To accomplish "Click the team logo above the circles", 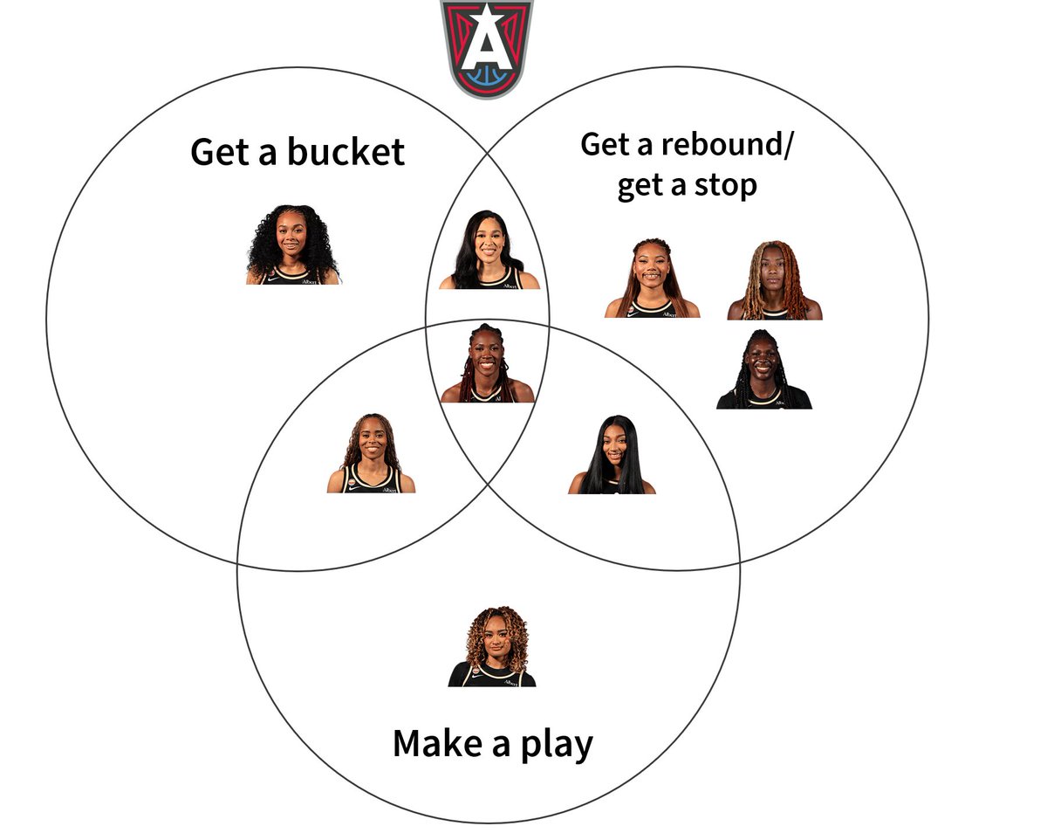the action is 487,48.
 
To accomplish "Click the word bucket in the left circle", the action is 346,152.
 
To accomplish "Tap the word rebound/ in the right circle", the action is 728,145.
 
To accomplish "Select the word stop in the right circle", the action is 725,187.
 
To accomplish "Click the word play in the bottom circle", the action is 558,746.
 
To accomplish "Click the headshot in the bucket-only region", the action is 292,244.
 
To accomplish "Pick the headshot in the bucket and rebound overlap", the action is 489,250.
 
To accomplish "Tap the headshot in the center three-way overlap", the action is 488,363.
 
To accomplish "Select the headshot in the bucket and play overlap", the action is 371,453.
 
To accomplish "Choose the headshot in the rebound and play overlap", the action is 612,455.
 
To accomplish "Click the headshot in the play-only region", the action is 492,646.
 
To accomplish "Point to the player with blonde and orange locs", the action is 775,280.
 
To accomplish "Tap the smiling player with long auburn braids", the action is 652,278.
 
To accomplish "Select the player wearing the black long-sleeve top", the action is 763,369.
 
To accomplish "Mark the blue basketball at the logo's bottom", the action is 487,75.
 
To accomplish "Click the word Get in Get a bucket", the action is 220,152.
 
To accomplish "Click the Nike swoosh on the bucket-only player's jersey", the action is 274,279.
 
